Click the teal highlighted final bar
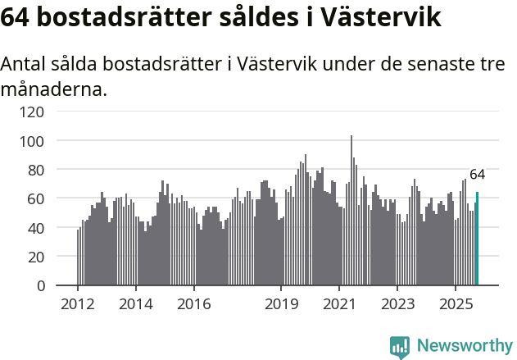[477, 239]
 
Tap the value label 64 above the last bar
[477, 175]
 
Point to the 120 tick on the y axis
[36, 112]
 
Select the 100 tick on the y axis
[36, 141]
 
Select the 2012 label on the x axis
[78, 304]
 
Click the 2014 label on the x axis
[136, 304]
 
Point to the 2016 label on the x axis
[193, 304]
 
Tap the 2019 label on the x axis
[281, 304]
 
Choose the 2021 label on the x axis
[338, 304]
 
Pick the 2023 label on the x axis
[397, 304]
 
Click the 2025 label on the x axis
[455, 304]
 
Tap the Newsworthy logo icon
[400, 347]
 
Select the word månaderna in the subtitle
[54, 89]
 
